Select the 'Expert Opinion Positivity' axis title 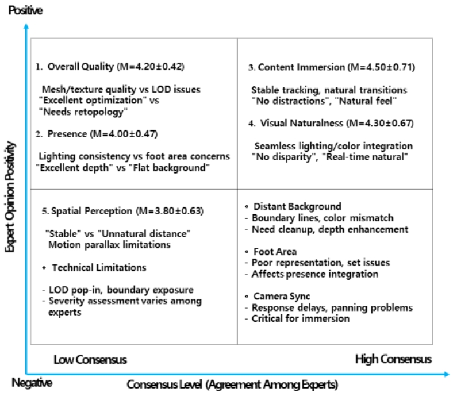pyautogui.click(x=9, y=198)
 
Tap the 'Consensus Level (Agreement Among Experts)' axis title pyautogui.click(x=232, y=384)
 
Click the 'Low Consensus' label pyautogui.click(x=90, y=360)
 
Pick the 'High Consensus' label pyautogui.click(x=393, y=360)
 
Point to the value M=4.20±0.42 pyautogui.click(x=150, y=67)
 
